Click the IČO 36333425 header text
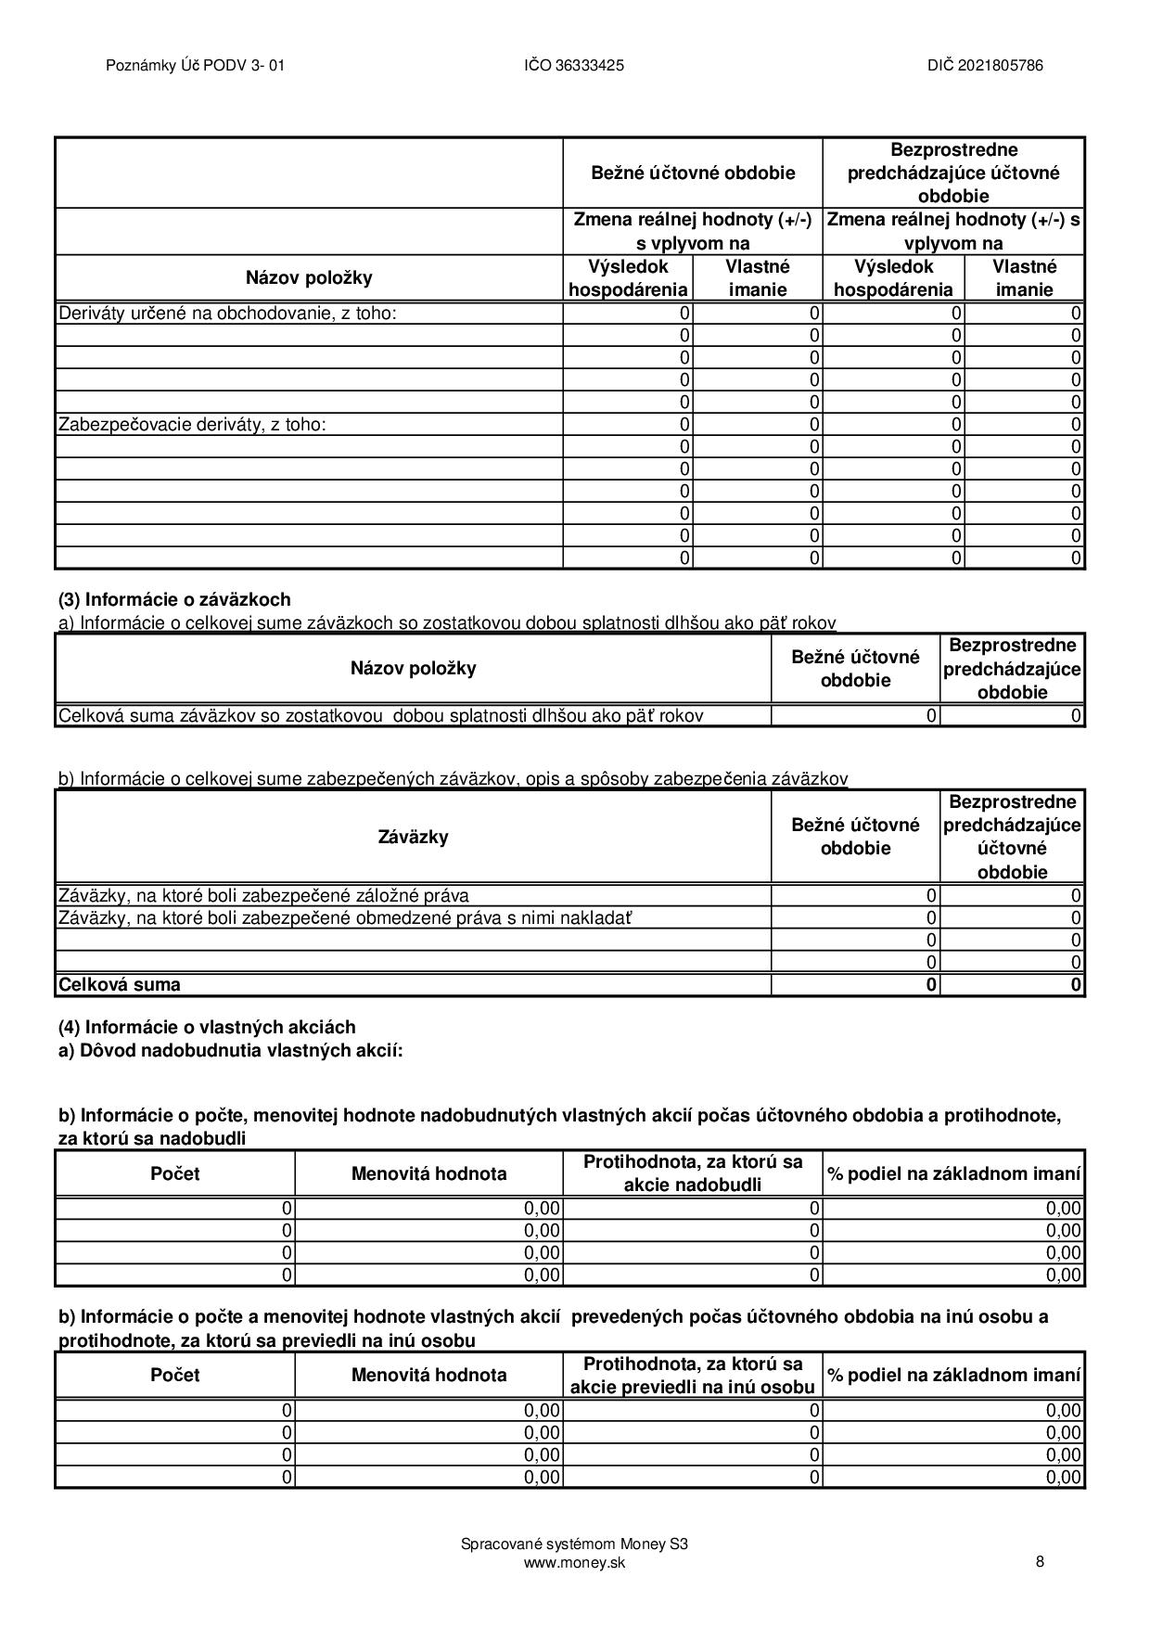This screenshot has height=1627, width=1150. [573, 65]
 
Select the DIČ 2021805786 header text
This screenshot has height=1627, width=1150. [985, 65]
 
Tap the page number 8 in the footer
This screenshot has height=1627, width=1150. [1040, 1561]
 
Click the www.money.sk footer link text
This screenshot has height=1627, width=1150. [574, 1563]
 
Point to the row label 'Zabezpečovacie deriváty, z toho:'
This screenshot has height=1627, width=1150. [192, 425]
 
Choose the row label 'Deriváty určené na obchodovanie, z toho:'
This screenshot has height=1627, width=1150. [227, 314]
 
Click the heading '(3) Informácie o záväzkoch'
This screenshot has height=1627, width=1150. [174, 599]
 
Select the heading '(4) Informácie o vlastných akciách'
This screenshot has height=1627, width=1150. [207, 1027]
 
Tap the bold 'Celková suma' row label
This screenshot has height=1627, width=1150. [120, 985]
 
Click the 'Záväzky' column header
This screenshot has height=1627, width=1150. [413, 837]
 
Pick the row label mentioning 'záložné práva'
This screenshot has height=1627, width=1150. [263, 896]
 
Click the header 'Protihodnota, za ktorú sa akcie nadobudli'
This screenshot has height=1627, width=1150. [693, 1173]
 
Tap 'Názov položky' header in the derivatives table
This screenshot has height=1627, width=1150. [309, 277]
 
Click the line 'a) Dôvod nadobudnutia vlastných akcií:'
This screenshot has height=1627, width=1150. [231, 1050]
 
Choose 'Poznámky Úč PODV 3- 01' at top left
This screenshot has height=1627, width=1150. [195, 65]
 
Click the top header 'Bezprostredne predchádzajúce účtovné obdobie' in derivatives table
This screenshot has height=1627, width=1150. [953, 173]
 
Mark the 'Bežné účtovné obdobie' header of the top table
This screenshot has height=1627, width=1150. [693, 173]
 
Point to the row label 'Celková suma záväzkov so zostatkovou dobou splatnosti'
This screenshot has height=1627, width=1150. [380, 716]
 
